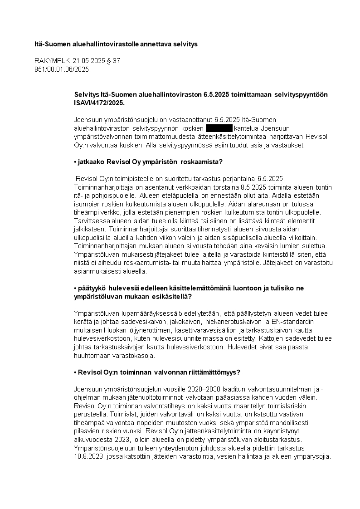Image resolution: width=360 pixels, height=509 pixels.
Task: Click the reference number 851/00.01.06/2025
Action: coord(62,69)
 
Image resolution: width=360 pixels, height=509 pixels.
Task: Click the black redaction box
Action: coord(219,128)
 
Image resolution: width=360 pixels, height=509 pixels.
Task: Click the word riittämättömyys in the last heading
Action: coord(214,372)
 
